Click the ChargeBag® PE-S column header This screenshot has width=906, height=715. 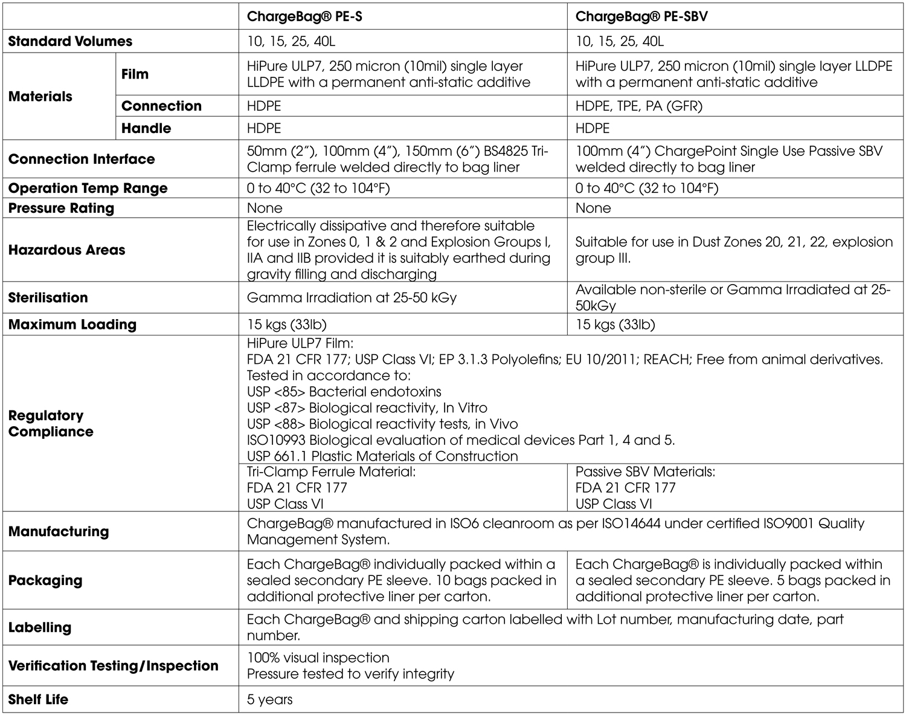(304, 16)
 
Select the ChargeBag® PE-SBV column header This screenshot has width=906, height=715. (641, 16)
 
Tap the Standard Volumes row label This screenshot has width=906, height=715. (70, 42)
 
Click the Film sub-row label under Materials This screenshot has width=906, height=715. (135, 74)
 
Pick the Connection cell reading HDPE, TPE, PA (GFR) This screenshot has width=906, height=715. (638, 106)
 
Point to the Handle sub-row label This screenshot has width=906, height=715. (146, 128)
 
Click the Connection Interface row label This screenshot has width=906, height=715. (82, 159)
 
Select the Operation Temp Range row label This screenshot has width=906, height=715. (88, 188)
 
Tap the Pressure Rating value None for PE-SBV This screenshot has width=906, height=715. (593, 208)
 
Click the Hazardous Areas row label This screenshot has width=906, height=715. (66, 250)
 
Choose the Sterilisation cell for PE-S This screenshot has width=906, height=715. (352, 297)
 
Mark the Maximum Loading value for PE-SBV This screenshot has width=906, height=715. (615, 325)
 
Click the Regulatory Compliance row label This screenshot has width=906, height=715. (51, 424)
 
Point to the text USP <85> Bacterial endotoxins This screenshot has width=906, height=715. (344, 392)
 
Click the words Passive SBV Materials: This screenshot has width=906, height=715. (644, 472)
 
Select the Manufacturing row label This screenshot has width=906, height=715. (59, 531)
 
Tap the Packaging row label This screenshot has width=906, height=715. (45, 580)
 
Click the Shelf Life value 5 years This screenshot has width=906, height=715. (269, 700)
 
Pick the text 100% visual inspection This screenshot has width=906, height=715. (318, 658)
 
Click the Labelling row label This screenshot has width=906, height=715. (40, 627)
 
